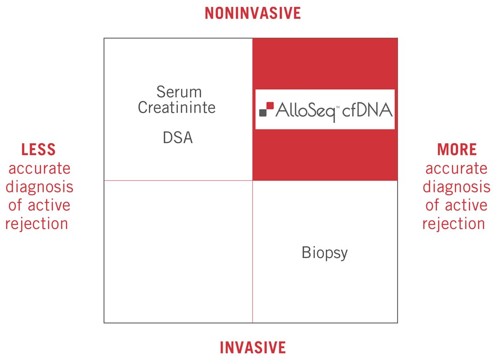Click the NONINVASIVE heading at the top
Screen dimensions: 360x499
(253, 13)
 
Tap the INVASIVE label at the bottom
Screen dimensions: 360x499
(253, 347)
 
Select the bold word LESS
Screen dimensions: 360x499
(39, 150)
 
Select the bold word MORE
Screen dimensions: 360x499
(456, 150)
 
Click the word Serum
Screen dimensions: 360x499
(179, 92)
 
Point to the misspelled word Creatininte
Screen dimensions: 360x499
(177, 107)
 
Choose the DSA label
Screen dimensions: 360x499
(177, 138)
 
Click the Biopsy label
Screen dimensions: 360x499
(324, 253)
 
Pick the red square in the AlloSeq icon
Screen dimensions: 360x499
(270, 106)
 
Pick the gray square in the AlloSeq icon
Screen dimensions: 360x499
(263, 112)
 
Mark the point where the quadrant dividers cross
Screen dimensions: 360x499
(253, 180)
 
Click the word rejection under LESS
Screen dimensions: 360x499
(37, 224)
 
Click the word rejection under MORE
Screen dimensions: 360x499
(454, 224)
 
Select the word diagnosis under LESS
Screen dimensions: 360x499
(39, 187)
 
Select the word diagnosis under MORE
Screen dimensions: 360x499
(456, 187)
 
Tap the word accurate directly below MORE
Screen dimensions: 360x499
(456, 169)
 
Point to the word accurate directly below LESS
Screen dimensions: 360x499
(39, 169)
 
